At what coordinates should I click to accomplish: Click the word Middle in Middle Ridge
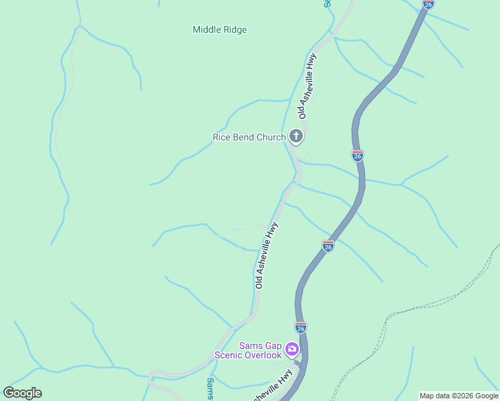[x=207, y=29]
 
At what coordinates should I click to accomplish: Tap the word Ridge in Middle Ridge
[x=235, y=29]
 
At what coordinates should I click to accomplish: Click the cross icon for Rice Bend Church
[x=296, y=137]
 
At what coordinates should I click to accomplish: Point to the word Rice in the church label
[x=221, y=138]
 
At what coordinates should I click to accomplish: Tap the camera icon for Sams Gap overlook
[x=292, y=349]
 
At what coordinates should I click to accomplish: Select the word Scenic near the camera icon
[x=229, y=355]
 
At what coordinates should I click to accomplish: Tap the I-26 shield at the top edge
[x=428, y=3]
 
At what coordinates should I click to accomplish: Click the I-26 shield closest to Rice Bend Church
[x=358, y=156]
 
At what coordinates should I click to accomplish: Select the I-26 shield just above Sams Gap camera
[x=301, y=327]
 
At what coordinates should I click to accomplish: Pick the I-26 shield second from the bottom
[x=328, y=246]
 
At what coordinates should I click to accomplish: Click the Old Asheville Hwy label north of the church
[x=307, y=86]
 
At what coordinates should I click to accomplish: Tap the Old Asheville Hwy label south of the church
[x=266, y=255]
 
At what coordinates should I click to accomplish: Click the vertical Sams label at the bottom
[x=210, y=388]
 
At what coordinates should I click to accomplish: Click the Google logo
[x=22, y=393]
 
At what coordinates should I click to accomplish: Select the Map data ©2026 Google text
[x=459, y=396]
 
